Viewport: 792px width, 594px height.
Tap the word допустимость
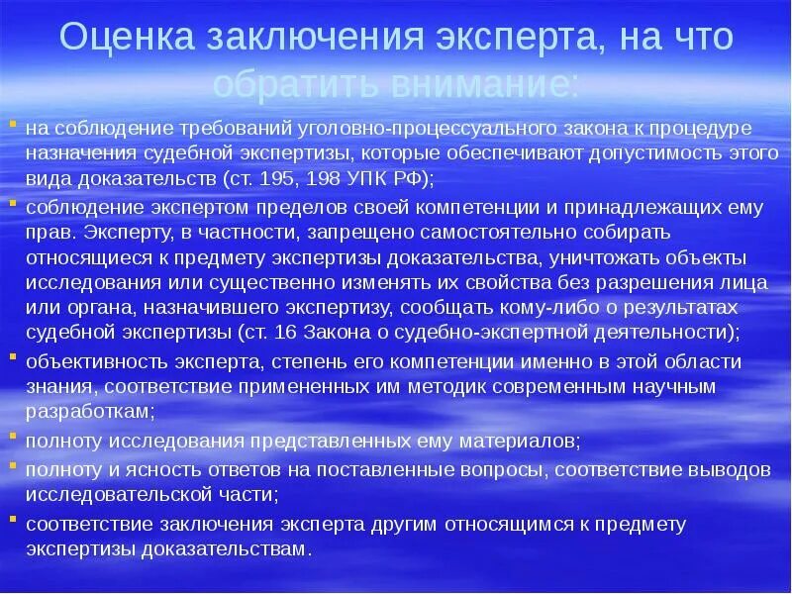click(x=640, y=154)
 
